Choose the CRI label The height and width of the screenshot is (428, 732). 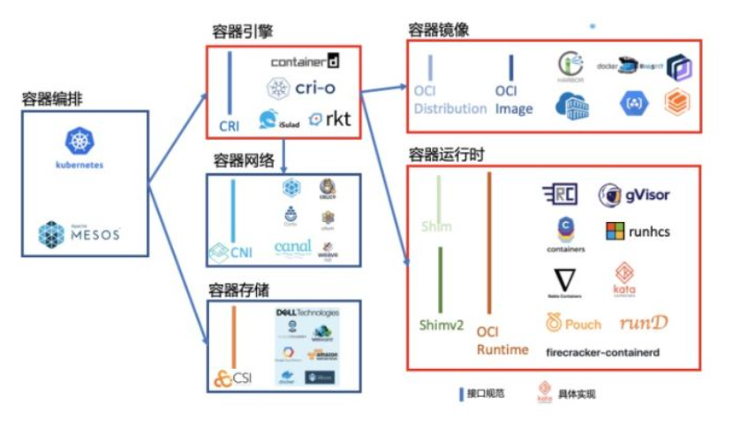(x=230, y=126)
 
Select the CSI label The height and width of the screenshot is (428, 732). (x=242, y=378)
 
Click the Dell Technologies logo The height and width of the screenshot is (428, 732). (x=307, y=313)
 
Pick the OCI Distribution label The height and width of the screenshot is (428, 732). (x=450, y=99)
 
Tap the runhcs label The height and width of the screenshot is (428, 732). (x=649, y=233)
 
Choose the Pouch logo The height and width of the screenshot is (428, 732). (x=574, y=324)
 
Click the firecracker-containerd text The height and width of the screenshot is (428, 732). (x=602, y=352)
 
